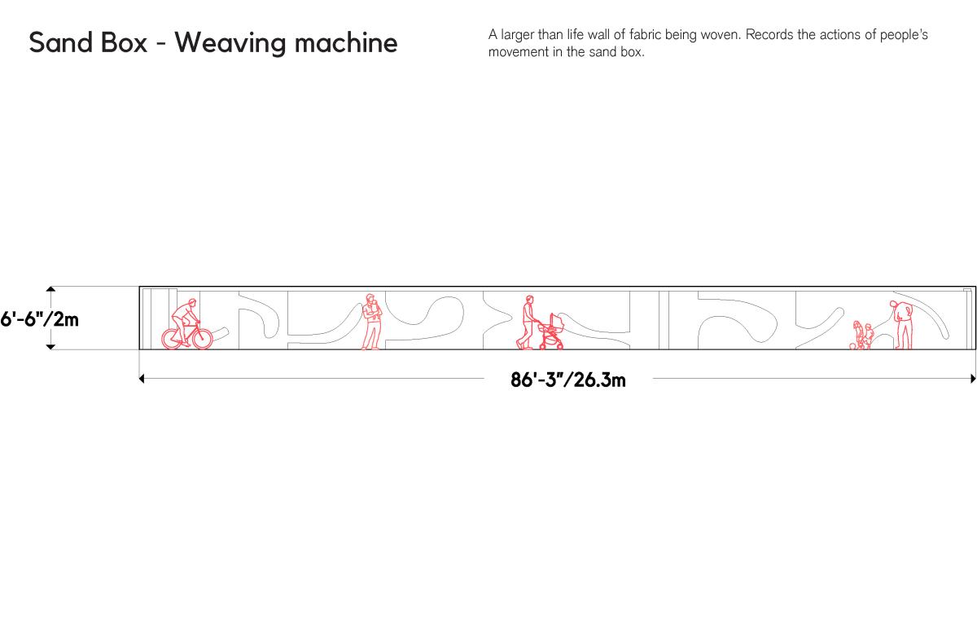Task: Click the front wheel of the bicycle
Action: (203, 339)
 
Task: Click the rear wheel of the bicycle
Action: (173, 339)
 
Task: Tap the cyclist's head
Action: (192, 302)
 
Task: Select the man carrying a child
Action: (371, 322)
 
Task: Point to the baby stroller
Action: (551, 331)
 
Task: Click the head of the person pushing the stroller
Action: (529, 300)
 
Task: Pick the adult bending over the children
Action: (902, 324)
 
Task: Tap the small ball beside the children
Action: (852, 346)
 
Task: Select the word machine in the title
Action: (346, 42)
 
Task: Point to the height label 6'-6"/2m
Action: (39, 320)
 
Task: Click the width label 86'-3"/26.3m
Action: (568, 380)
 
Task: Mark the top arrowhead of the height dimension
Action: (50, 289)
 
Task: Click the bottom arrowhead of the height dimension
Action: (50, 347)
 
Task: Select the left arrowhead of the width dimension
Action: (142, 379)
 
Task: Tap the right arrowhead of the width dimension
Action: (973, 379)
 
